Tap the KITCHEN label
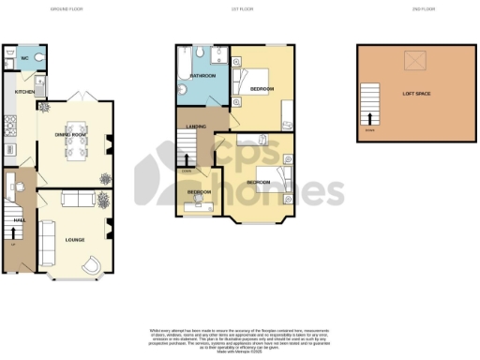click(22, 93)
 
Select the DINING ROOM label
click(71, 135)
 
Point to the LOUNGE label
click(74, 240)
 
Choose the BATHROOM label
click(203, 75)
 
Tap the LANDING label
click(196, 126)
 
